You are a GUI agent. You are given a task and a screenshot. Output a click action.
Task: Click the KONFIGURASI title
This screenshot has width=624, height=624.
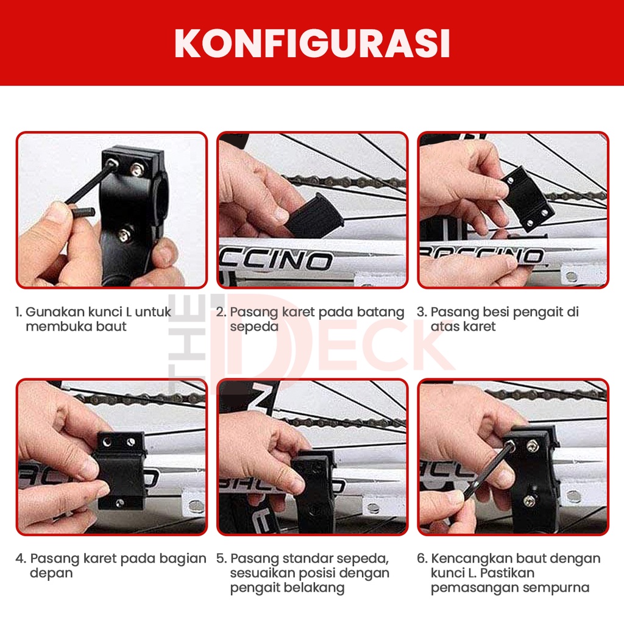pos(313,43)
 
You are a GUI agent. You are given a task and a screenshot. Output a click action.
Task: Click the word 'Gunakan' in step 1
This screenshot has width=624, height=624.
pos(55,312)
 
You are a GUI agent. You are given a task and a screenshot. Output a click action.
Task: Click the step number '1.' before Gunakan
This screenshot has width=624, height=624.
pos(18,312)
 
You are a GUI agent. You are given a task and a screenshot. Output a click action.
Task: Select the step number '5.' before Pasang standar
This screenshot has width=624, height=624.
pos(221,559)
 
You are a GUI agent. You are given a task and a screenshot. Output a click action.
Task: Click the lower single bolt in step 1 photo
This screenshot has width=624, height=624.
pos(124,235)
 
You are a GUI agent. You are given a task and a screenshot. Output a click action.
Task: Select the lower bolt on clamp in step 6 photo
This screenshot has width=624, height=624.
pos(529,501)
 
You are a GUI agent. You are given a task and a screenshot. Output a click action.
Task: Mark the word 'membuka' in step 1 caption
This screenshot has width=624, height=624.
pos(55,327)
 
